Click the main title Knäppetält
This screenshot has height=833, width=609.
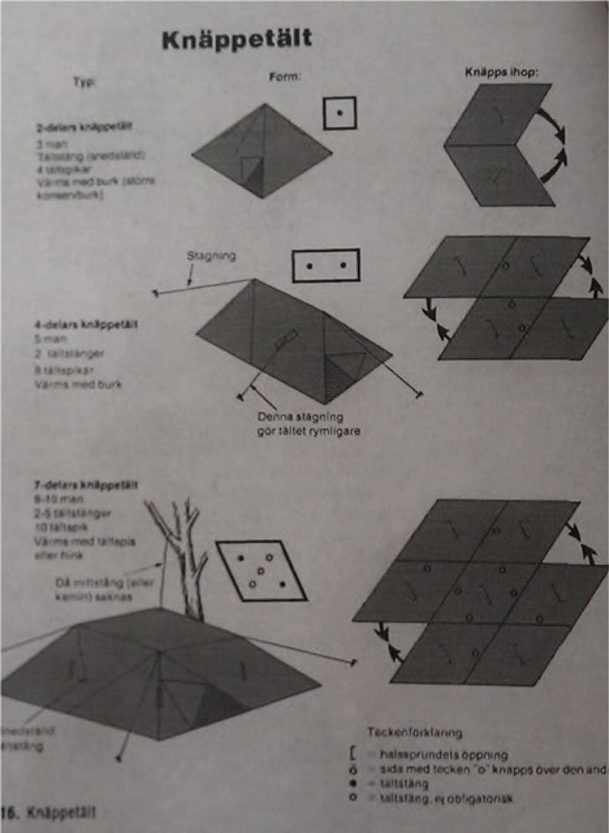click(x=237, y=40)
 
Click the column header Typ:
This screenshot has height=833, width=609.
click(x=84, y=82)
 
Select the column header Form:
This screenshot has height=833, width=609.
click(x=284, y=77)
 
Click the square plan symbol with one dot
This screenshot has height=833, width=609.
click(x=339, y=113)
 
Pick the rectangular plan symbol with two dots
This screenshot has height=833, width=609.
click(x=326, y=265)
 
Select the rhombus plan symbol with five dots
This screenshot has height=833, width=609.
click(x=261, y=570)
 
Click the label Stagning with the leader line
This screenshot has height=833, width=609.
click(x=210, y=255)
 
